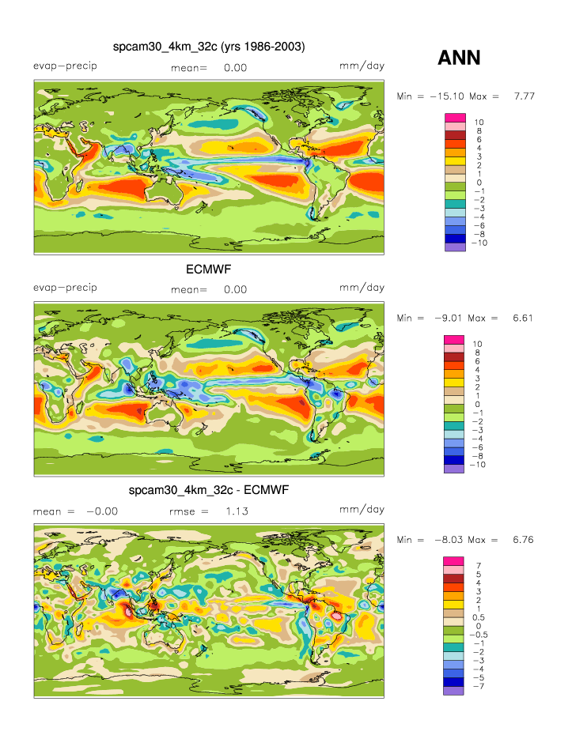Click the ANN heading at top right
[459, 58]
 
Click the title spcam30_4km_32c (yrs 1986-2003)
[209, 47]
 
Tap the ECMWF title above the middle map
[208, 270]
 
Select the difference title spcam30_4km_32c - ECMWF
[208, 491]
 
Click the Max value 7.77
[525, 96]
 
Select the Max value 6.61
[525, 317]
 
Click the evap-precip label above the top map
[65, 65]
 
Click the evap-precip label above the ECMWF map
[65, 287]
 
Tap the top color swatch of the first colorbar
[456, 118]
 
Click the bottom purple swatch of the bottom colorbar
[456, 690]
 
